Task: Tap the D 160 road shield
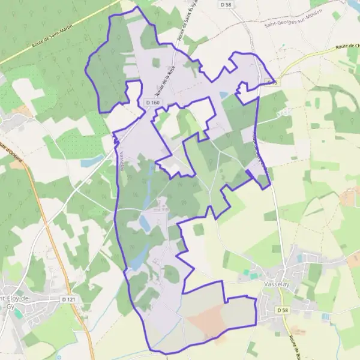[x=153, y=103]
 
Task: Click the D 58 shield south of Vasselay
[x=283, y=310]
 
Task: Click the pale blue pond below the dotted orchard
[x=93, y=161]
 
